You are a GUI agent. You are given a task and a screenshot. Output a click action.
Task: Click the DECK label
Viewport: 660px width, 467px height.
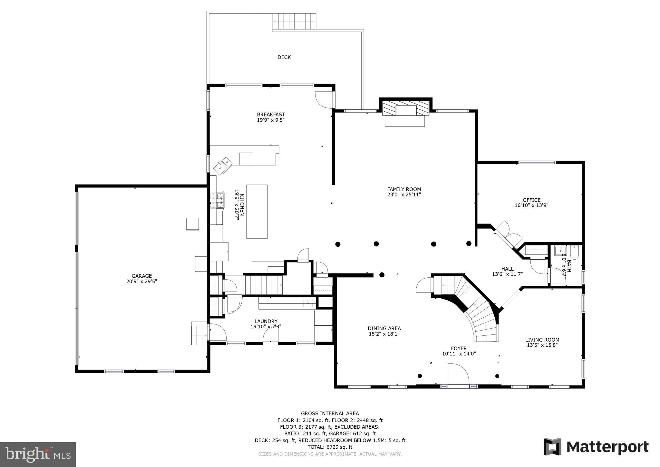coord(284,57)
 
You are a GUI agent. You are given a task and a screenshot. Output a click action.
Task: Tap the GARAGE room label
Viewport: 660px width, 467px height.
coord(141,276)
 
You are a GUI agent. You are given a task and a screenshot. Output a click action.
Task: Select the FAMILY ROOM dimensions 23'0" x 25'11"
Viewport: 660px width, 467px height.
coord(404,195)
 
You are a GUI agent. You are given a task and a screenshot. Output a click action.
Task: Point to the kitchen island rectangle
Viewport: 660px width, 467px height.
coord(257,211)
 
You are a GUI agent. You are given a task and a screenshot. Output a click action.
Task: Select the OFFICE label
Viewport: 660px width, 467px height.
coord(531,200)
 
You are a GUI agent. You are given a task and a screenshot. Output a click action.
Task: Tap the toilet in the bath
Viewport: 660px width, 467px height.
coord(574,252)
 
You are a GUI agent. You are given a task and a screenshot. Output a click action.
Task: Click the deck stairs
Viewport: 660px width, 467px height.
coord(294,21)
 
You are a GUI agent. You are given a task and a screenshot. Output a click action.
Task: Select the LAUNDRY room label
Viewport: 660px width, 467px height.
coord(266,321)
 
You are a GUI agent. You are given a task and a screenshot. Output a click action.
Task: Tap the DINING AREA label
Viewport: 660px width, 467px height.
coord(384,328)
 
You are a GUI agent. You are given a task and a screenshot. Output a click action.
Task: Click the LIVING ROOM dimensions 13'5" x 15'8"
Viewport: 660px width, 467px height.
coord(542,345)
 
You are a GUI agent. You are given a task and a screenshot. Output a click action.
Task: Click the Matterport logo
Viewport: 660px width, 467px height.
coord(596,447)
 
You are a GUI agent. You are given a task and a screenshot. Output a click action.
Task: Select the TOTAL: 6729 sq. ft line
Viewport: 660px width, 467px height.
coord(330,447)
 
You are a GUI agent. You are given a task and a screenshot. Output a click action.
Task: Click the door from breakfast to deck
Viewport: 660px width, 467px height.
coord(324,100)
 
